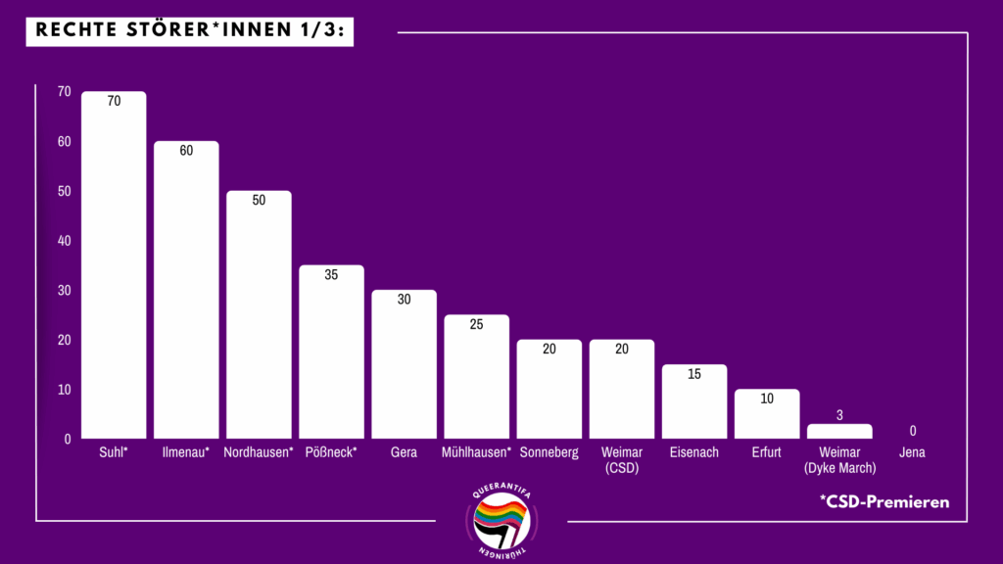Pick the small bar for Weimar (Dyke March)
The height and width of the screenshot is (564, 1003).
coord(839,431)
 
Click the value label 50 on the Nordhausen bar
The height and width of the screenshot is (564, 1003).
coord(259,200)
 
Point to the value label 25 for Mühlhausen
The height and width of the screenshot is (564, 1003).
coord(476,324)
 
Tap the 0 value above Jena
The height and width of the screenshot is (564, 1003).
coord(912,431)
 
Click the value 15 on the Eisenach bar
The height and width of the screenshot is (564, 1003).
coord(694,374)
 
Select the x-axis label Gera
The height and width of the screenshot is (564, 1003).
coord(404,452)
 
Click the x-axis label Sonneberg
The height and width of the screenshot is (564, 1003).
coord(549,452)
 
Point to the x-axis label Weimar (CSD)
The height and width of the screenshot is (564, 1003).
coord(621,460)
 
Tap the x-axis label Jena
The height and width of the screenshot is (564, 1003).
coord(912,452)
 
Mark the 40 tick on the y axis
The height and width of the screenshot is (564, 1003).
coord(65,240)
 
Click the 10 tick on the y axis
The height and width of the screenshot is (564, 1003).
coord(65,390)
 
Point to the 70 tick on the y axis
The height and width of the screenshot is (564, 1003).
coord(65,91)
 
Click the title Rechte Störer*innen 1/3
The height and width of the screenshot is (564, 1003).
coord(189,31)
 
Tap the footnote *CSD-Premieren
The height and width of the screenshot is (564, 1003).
coord(885,501)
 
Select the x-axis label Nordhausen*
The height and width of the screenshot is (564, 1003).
coord(259,452)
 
